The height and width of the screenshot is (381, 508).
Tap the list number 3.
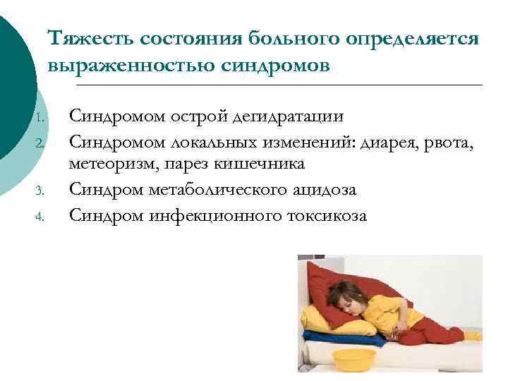tap(42, 190)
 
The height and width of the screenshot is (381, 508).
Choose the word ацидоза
tap(322, 189)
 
